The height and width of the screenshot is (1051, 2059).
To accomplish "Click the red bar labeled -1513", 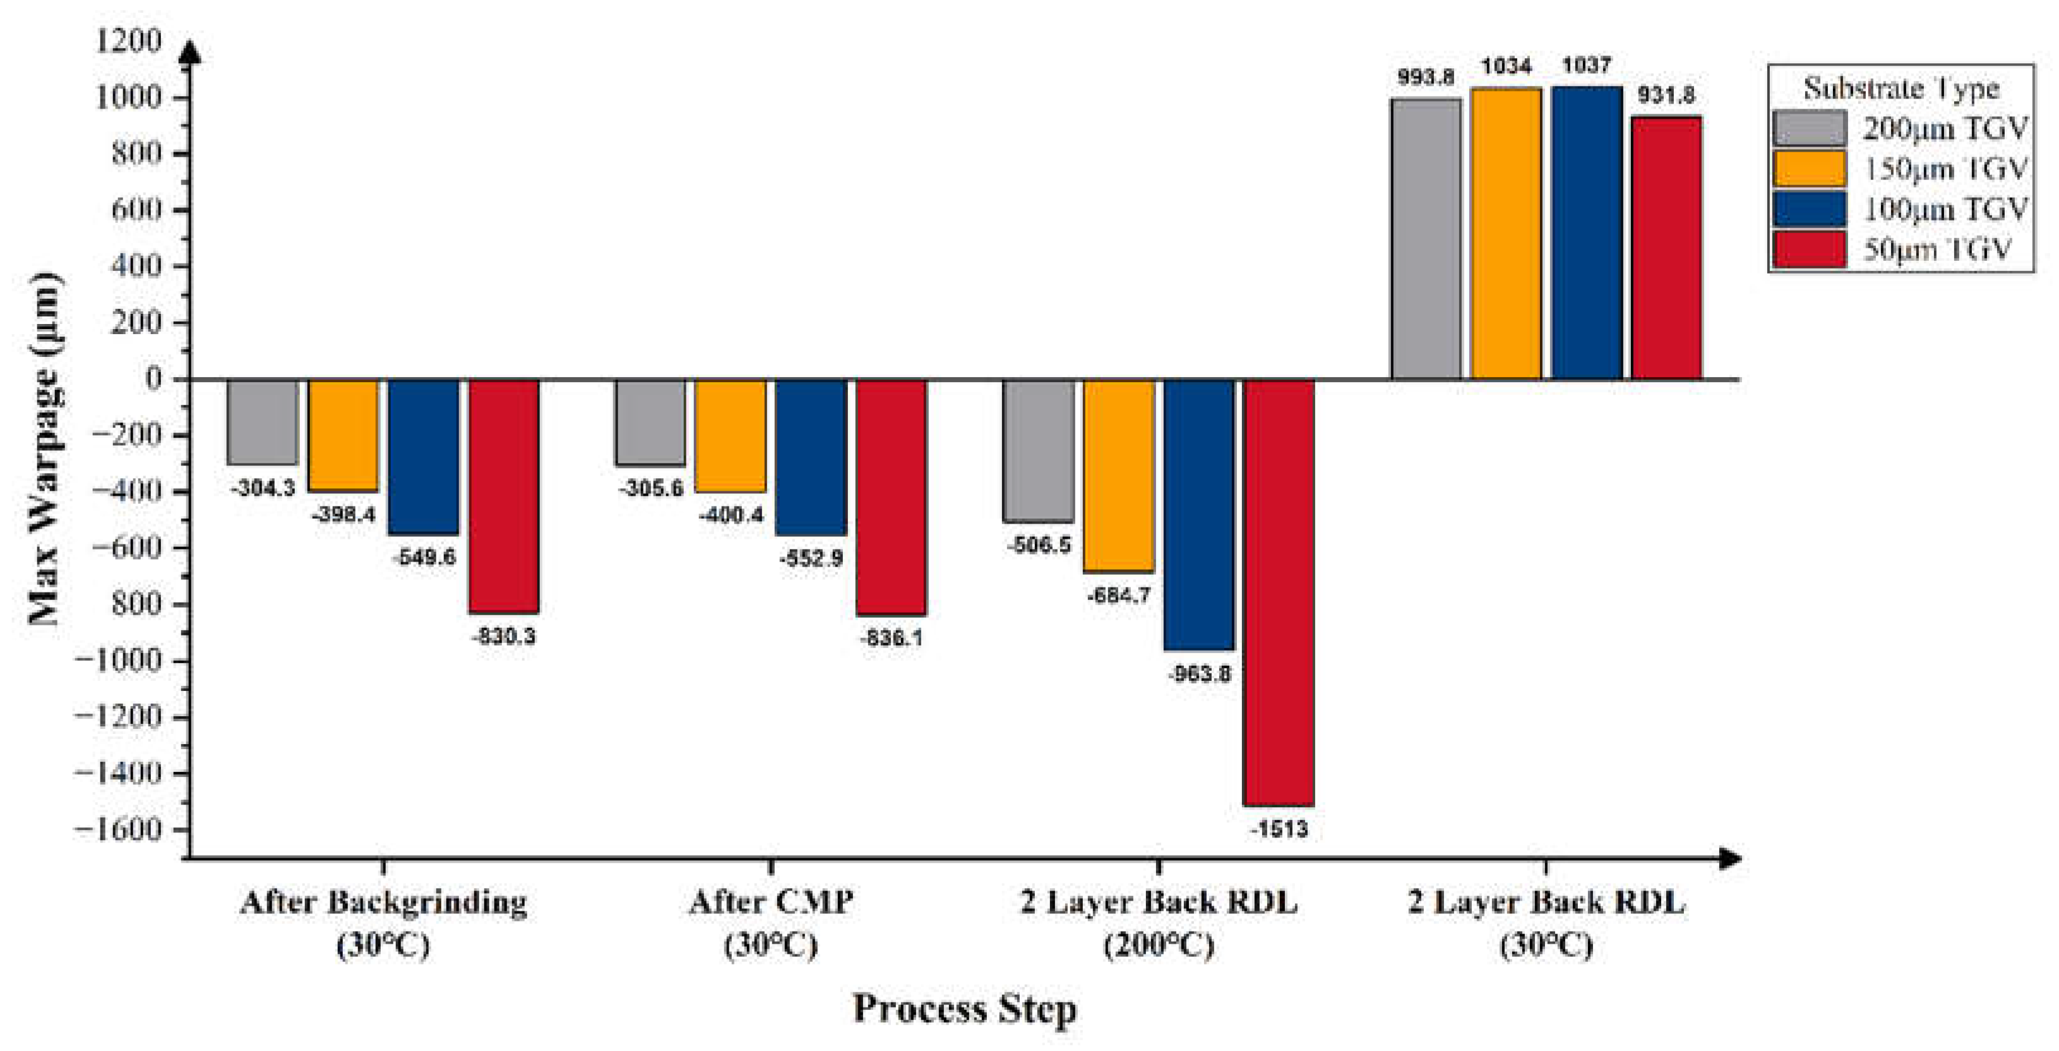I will (1279, 592).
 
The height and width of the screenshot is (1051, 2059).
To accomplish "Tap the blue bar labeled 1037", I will (1587, 232).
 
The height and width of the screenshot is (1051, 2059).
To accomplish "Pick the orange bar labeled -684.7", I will (1119, 475).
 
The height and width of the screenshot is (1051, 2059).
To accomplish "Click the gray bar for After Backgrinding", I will (262, 421).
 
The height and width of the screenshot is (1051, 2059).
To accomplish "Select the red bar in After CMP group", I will (891, 496).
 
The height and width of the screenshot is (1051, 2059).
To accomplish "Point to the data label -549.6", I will (424, 556).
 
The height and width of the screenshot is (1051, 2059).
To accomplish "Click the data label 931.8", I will (1666, 95).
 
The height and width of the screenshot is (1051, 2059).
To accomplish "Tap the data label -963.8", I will (1199, 673).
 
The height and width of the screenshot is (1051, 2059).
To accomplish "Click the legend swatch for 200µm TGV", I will (1810, 129).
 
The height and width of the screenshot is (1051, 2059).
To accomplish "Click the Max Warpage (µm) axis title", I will (44, 448).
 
